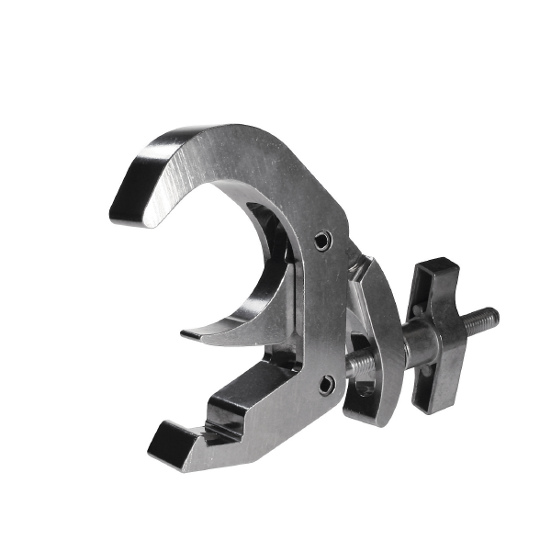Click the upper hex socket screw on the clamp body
[x=320, y=241]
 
